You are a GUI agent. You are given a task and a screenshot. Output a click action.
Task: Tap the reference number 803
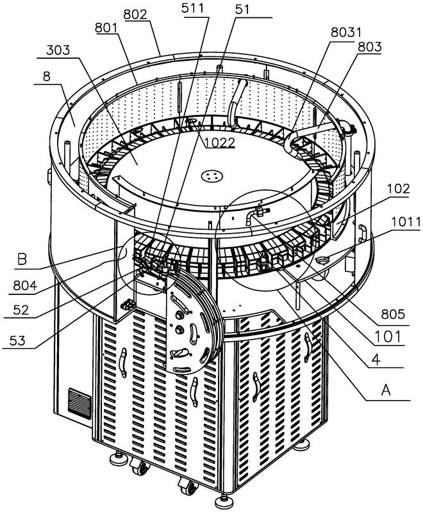pos(371,47)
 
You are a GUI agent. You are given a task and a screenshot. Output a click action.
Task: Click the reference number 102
pos(399,190)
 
